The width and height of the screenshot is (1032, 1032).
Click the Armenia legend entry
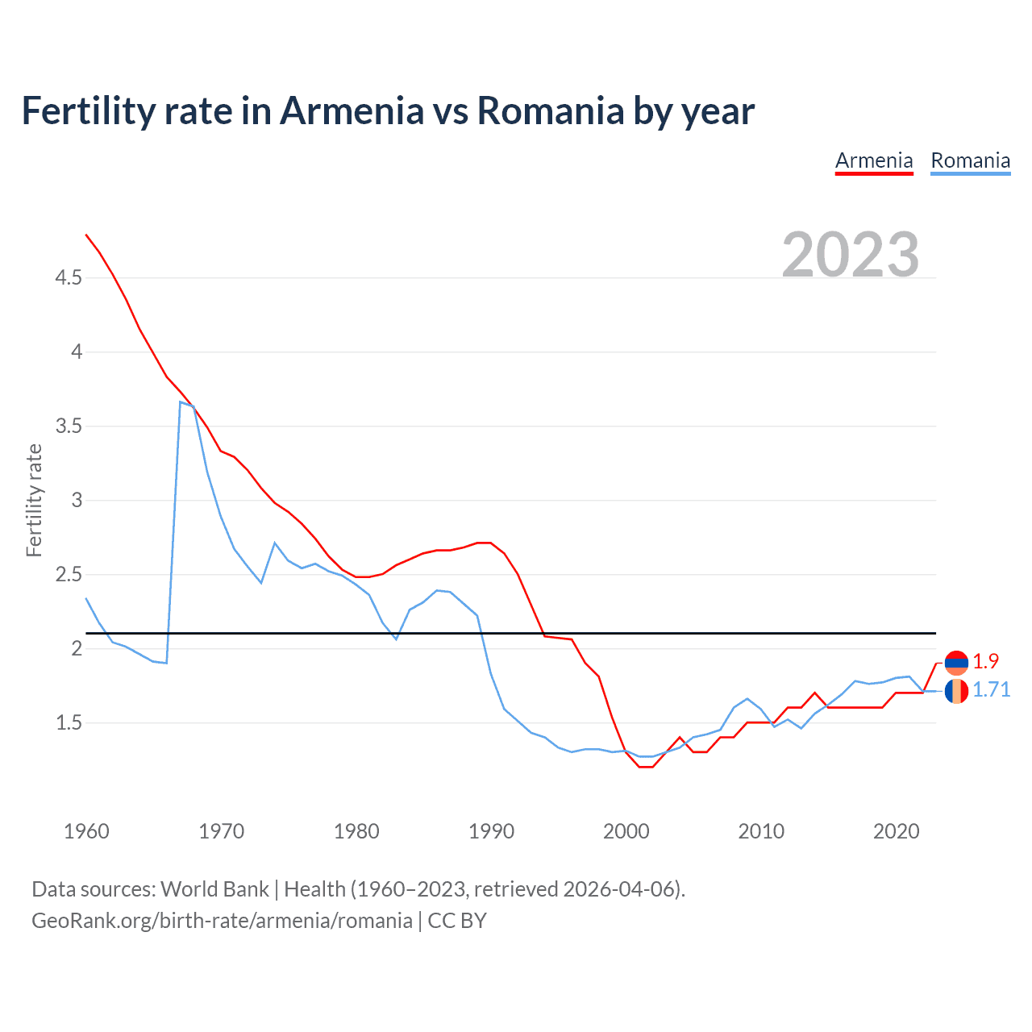click(x=874, y=160)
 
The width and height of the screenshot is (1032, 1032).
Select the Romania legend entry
click(x=970, y=160)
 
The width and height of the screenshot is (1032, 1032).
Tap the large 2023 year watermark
click(x=851, y=255)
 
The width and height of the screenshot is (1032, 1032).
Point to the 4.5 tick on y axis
click(x=69, y=278)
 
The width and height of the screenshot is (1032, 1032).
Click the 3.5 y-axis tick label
click(x=69, y=427)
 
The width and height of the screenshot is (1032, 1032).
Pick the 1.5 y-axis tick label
click(x=69, y=723)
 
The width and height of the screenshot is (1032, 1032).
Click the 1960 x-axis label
click(x=86, y=831)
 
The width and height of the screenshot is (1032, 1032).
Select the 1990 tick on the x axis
click(x=491, y=831)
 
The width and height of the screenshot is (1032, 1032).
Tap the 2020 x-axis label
click(x=896, y=831)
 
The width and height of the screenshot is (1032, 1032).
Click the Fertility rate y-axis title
click(x=34, y=500)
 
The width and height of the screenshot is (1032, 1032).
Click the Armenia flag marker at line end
click(x=956, y=663)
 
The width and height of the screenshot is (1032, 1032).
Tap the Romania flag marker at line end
click(x=956, y=691)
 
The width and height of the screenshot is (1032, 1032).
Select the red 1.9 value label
click(x=985, y=661)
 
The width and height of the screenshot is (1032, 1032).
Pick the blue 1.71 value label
click(x=991, y=689)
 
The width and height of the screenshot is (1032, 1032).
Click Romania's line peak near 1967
click(x=181, y=402)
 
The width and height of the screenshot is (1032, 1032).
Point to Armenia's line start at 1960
click(x=86, y=235)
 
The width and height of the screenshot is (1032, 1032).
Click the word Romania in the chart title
click(x=550, y=110)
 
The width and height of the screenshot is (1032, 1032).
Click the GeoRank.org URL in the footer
click(x=222, y=921)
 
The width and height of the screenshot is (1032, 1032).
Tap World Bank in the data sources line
click(x=214, y=889)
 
